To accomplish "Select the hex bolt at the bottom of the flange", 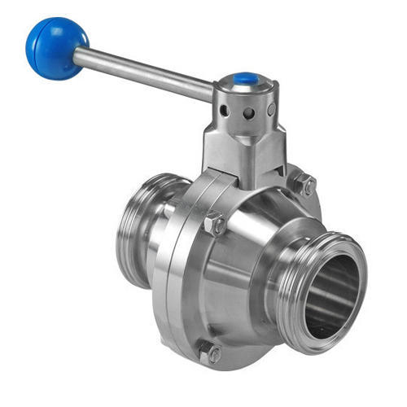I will [210, 353].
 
